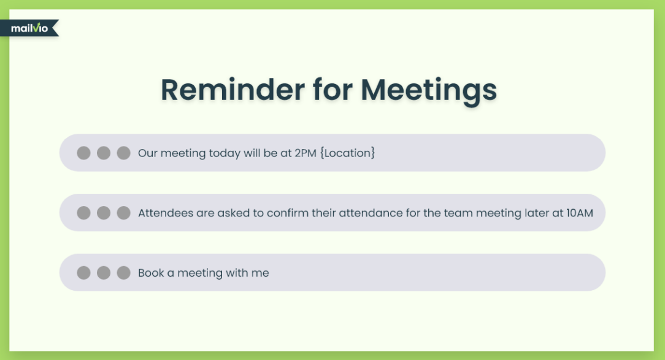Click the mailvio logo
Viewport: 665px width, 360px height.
(29, 28)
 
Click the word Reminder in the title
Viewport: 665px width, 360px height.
(233, 90)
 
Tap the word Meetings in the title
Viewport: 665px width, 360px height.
(429, 91)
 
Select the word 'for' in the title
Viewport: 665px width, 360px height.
(332, 90)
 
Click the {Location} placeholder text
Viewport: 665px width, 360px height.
(347, 153)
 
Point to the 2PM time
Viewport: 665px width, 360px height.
(306, 153)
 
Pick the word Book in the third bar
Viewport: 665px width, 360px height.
(151, 273)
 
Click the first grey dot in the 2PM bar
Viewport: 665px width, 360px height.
(83, 153)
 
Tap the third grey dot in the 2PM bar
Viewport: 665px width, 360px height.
(123, 153)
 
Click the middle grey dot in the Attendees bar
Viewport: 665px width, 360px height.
(104, 213)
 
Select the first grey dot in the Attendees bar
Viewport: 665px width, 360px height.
(83, 213)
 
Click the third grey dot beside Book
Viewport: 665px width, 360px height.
(123, 273)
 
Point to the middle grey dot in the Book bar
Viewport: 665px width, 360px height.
(104, 273)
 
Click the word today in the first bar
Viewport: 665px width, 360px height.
(225, 153)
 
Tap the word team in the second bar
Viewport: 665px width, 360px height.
(458, 213)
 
